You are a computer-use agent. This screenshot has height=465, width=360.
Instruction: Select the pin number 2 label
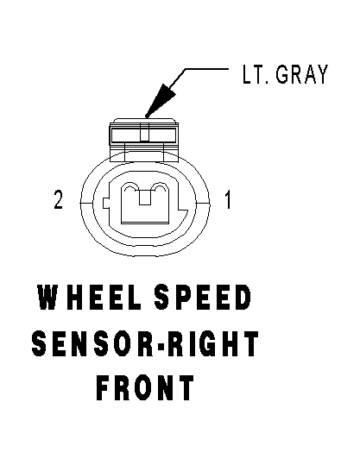point(58,199)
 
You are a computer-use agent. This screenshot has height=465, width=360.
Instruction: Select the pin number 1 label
point(227,199)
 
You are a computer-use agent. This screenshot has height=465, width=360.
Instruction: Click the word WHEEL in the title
point(89,297)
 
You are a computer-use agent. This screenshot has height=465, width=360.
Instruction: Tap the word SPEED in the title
point(203,297)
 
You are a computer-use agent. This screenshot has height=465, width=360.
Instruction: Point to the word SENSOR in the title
point(92,343)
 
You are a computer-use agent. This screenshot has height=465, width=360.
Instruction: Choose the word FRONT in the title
point(145,388)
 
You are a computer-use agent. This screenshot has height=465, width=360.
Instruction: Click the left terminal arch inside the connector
point(130,188)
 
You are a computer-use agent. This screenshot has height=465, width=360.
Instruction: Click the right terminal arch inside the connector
point(160,188)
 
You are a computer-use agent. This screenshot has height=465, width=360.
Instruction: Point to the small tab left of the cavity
point(106,203)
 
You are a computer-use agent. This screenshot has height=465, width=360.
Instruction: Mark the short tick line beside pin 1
point(203,203)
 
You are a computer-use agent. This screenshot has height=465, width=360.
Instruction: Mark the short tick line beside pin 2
point(86,203)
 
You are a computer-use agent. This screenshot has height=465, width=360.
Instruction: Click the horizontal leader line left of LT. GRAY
point(207,69)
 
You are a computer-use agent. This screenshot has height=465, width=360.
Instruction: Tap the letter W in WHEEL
point(47,297)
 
